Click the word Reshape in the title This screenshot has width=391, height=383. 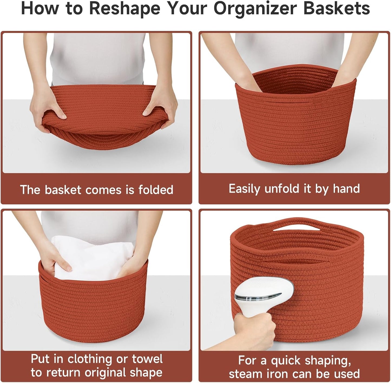[x=124, y=9]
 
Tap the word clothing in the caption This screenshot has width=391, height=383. [x=90, y=360]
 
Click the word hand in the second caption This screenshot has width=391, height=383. [x=346, y=189]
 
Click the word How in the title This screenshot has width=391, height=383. [x=40, y=9]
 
